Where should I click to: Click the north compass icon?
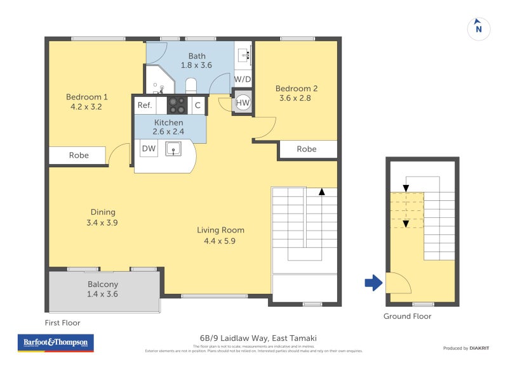479,28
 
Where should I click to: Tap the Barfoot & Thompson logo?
55,343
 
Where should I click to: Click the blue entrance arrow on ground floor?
373,283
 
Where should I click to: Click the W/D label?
243,79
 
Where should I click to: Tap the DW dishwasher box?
149,149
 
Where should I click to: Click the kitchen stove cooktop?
177,105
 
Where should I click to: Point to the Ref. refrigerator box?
145,105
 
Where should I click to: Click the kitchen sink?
173,149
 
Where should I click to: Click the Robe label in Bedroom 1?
79,155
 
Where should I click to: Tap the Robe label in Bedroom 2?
307,149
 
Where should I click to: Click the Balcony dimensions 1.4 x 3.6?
102,294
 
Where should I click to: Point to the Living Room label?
220,230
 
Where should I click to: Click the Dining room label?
102,212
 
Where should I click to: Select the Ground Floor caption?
407,316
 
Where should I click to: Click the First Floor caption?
62,322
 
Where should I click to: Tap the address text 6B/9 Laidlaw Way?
253,338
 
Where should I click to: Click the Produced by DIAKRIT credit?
469,348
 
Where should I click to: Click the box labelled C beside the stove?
198,105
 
